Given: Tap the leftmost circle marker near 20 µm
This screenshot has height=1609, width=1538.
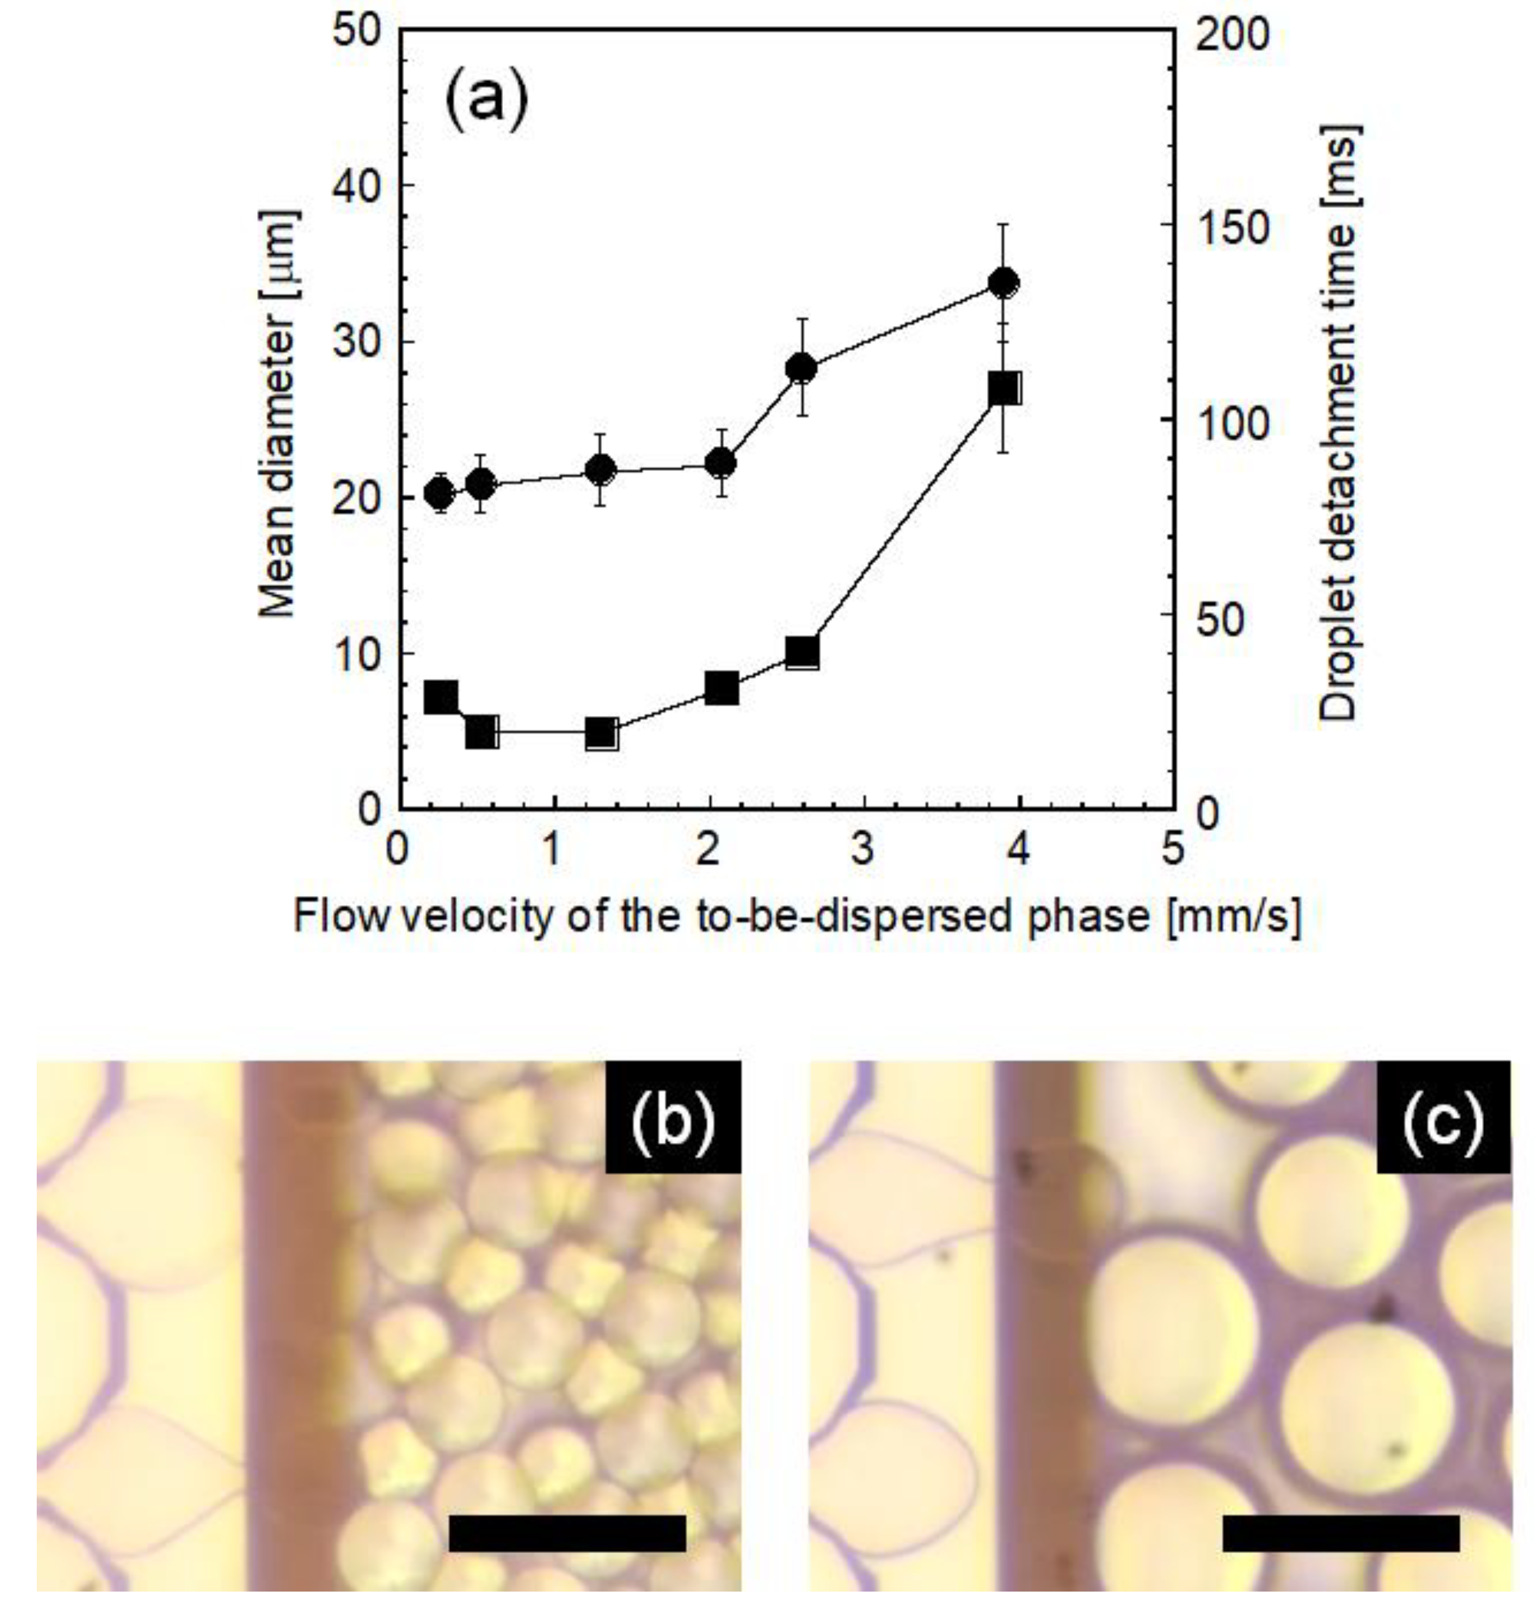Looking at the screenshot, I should (x=440, y=493).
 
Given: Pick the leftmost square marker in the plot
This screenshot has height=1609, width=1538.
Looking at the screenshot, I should (x=441, y=697).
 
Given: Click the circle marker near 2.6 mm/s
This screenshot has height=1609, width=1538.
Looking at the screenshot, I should (x=801, y=368).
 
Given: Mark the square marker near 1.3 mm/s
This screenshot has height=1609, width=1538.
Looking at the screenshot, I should (x=602, y=734).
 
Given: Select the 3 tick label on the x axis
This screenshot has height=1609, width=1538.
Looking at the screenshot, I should (x=861, y=849).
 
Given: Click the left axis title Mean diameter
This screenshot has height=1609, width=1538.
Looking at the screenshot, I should (x=277, y=414).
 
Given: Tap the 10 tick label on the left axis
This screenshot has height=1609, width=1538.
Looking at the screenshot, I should (x=357, y=653).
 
